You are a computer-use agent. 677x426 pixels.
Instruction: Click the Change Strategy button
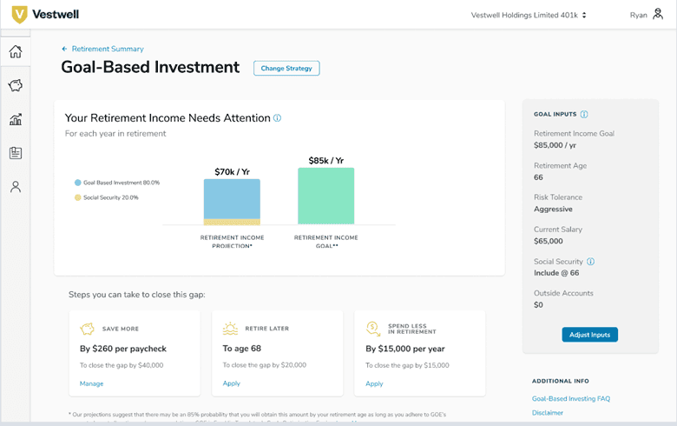pos(286,68)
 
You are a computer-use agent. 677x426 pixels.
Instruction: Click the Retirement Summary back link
pos(107,50)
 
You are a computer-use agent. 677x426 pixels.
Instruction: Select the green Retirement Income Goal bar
pos(325,196)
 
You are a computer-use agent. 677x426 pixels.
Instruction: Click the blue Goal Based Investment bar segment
pos(232,198)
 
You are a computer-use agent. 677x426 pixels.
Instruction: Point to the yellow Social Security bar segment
pos(232,222)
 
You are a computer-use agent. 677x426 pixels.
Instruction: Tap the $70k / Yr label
pos(232,172)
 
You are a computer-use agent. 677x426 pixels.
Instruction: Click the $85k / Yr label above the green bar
pos(325,161)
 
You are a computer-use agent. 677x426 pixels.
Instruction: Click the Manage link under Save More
pos(91,383)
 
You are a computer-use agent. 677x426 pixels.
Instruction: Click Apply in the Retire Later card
pos(232,383)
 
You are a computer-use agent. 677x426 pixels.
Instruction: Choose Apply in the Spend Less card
pos(374,383)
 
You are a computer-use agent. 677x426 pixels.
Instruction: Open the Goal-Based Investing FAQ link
pos(570,398)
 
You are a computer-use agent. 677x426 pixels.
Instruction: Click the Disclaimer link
pos(548,413)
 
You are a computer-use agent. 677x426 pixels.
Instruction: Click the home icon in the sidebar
pos(16,51)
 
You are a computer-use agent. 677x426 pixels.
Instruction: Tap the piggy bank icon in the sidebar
pos(16,85)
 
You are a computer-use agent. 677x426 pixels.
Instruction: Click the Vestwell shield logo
pos(19,15)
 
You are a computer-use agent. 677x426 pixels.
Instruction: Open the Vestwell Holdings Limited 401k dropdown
pos(529,15)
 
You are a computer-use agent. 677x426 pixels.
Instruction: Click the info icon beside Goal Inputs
pos(584,115)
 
